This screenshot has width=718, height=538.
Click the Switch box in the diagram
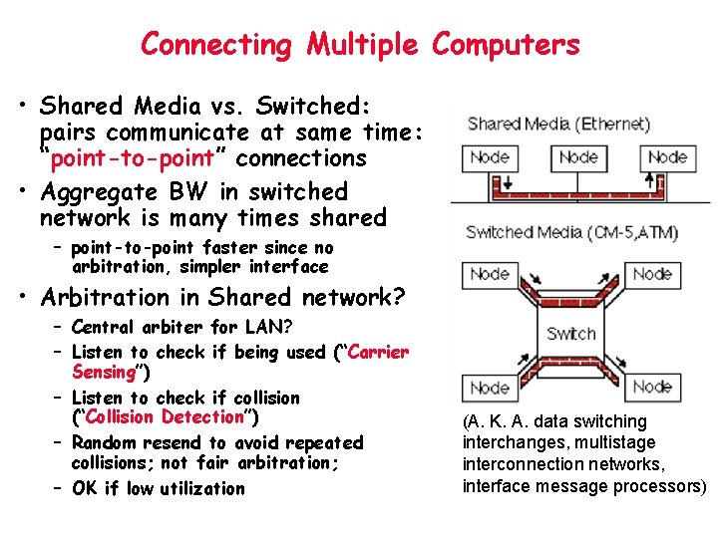[571, 333]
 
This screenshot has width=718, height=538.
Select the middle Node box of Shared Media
[578, 157]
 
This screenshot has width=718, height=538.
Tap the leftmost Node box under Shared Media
[489, 157]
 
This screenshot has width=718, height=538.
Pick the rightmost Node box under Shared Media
[667, 157]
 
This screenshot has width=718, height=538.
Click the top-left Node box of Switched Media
[489, 273]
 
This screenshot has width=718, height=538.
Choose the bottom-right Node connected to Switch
[652, 387]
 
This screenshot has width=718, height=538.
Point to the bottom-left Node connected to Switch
[489, 387]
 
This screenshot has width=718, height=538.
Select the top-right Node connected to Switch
[652, 273]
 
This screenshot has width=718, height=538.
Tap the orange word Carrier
[374, 352]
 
